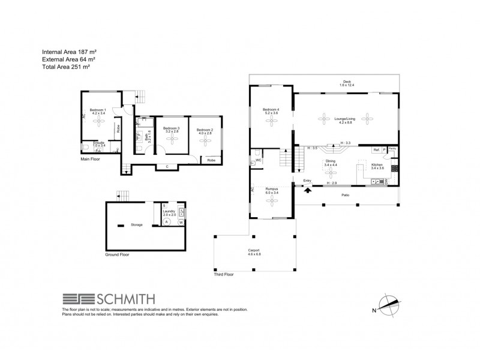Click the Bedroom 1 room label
click(98, 111)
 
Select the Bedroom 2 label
click(205, 130)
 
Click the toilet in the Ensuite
click(86, 147)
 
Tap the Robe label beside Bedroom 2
click(211, 160)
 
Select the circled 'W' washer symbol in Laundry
click(180, 221)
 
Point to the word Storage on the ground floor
click(137, 224)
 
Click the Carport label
click(254, 252)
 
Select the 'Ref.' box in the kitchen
click(376, 149)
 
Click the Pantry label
click(392, 148)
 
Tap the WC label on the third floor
click(259, 161)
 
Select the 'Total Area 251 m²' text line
click(68, 70)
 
